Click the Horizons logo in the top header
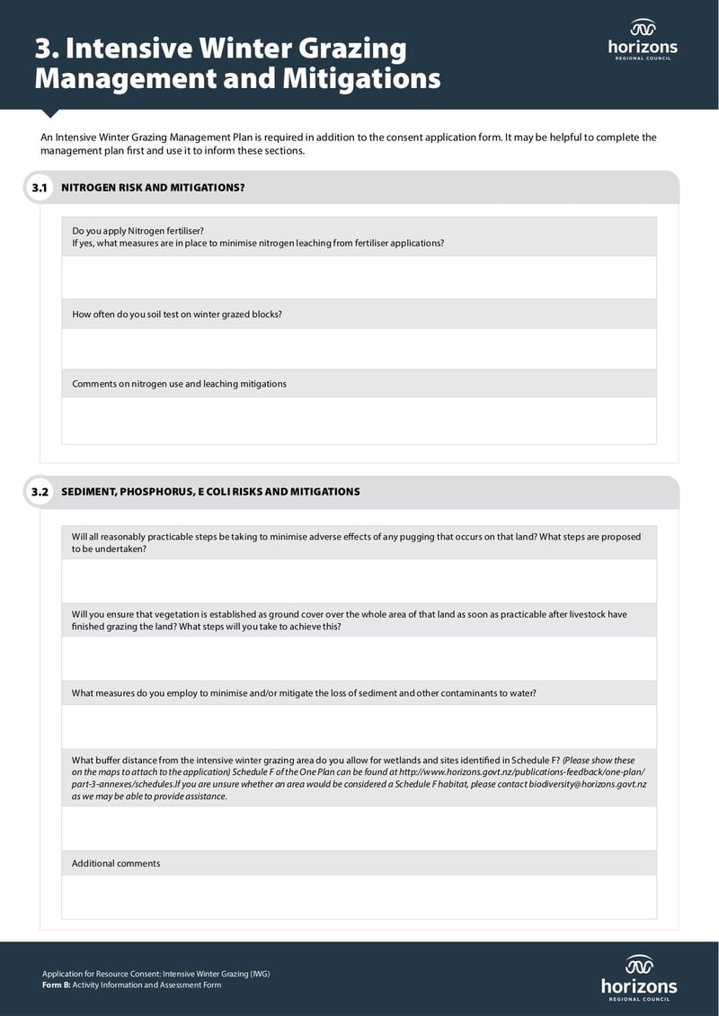(643, 39)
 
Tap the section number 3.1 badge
(39, 188)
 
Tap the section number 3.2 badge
(39, 492)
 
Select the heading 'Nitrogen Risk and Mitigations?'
(153, 188)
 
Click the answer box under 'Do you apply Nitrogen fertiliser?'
(359, 277)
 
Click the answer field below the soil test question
(359, 348)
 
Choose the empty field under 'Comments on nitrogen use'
(359, 420)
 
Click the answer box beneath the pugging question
(359, 581)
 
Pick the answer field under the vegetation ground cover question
(359, 658)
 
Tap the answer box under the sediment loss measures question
(359, 726)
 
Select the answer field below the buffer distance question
(359, 828)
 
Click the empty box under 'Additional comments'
(359, 896)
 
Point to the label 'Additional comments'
(116, 863)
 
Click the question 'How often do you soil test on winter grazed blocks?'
(177, 315)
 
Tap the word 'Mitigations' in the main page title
(361, 78)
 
